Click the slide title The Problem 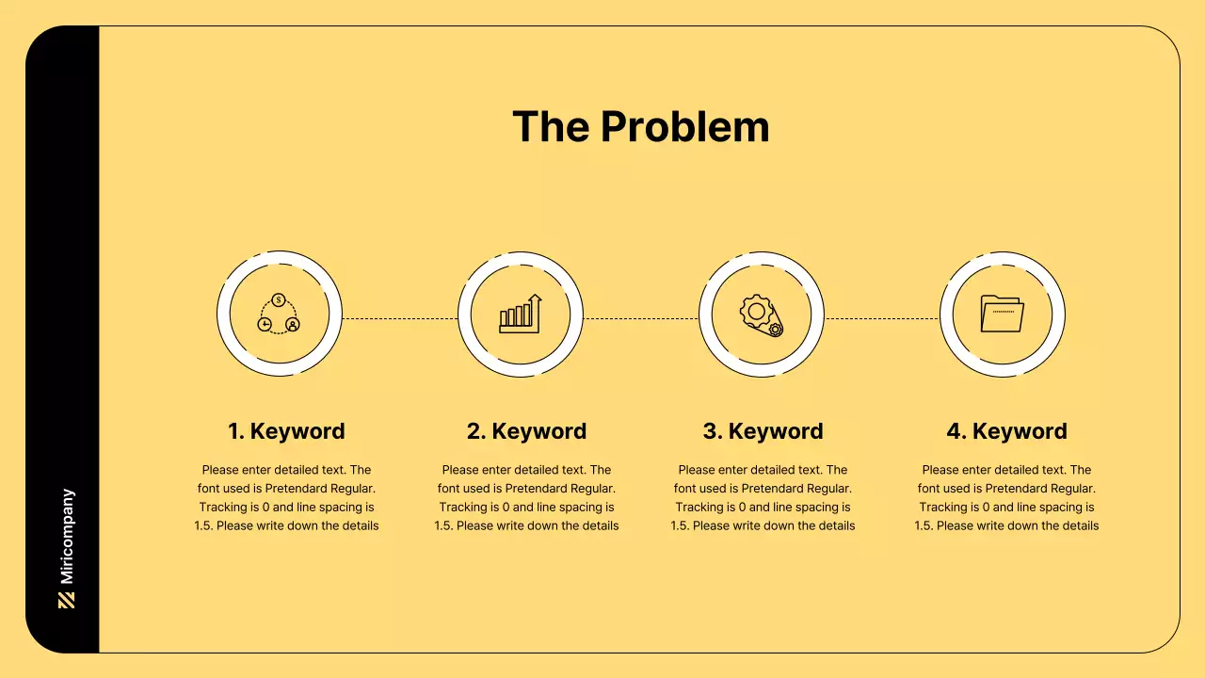[x=640, y=127]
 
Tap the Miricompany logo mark [x=66, y=600]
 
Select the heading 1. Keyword [x=286, y=431]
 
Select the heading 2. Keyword [x=526, y=431]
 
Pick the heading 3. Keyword [x=763, y=431]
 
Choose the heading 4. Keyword [x=1006, y=431]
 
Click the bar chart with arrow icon [x=521, y=314]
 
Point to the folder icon [x=1002, y=314]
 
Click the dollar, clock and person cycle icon [x=279, y=315]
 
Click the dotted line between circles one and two [x=400, y=318]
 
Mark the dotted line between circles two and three [x=641, y=318]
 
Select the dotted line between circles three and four [x=882, y=318]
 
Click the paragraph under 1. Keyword [x=286, y=497]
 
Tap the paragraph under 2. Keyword [x=526, y=497]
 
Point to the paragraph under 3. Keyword [x=763, y=497]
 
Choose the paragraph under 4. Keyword [x=1006, y=497]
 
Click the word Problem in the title [x=685, y=127]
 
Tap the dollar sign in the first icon [x=279, y=300]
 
